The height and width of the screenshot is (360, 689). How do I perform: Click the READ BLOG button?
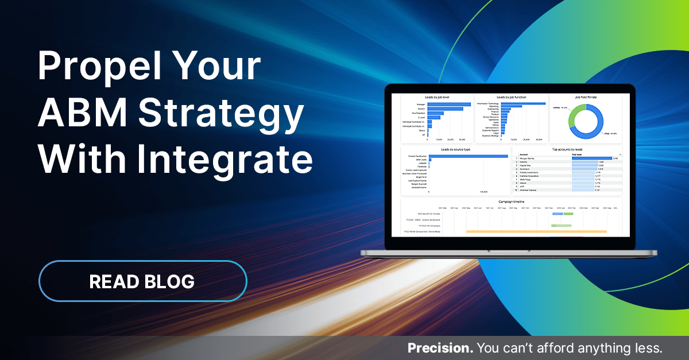[x=142, y=281]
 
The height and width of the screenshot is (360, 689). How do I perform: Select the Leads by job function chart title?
[x=511, y=98]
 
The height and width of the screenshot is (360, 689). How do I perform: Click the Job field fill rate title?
[x=585, y=98]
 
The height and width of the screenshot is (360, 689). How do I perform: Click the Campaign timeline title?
[x=510, y=202]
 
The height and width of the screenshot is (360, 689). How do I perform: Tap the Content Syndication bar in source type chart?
[x=468, y=156]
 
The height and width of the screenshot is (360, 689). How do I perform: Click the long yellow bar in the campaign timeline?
[x=536, y=231]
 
